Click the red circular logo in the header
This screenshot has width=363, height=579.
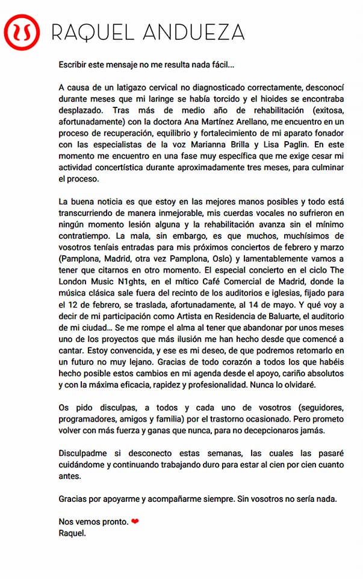(22, 32)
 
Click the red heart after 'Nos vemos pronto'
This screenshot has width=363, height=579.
(135, 522)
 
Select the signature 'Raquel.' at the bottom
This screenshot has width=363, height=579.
(72, 533)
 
